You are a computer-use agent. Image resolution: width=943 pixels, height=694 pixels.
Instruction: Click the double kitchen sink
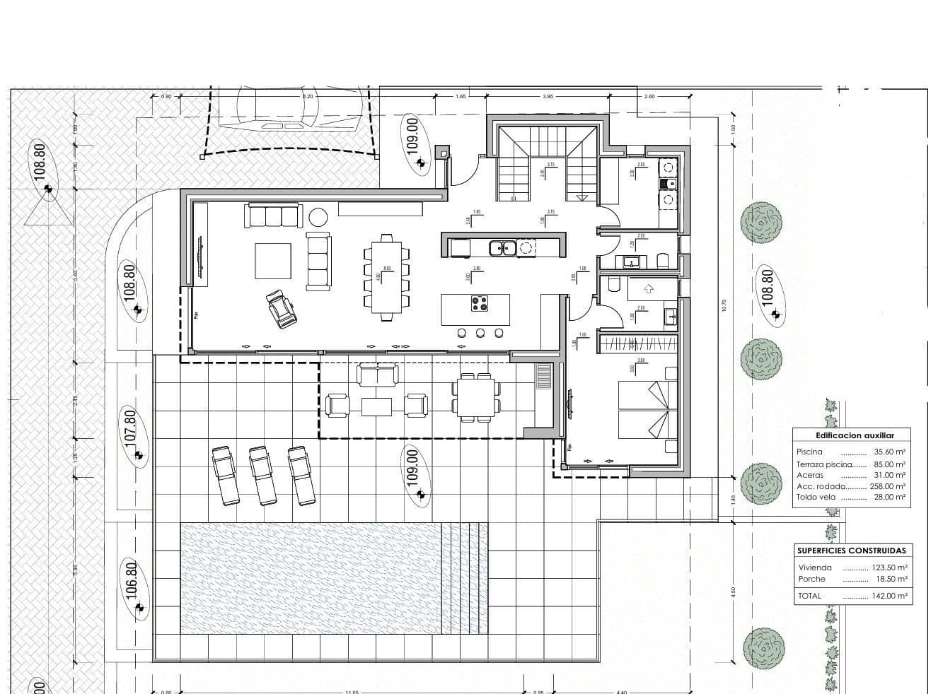504,247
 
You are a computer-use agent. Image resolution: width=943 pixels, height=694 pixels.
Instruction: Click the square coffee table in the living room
273,261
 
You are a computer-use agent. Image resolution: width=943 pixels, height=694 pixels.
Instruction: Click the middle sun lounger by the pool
263,475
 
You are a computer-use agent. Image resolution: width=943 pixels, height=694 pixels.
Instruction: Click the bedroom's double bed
643,411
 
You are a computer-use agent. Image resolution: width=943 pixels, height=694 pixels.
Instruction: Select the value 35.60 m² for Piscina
890,452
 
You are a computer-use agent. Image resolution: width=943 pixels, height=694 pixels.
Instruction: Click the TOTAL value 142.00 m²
890,596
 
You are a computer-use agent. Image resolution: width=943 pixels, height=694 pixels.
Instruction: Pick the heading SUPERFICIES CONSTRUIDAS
851,551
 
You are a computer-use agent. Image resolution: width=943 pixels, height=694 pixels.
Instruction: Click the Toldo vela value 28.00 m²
890,497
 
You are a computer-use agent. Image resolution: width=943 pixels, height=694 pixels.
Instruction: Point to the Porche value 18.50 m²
891,579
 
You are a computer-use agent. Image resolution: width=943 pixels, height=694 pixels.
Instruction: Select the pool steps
464,578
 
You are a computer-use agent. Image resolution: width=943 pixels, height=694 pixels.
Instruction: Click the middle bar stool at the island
480,333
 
